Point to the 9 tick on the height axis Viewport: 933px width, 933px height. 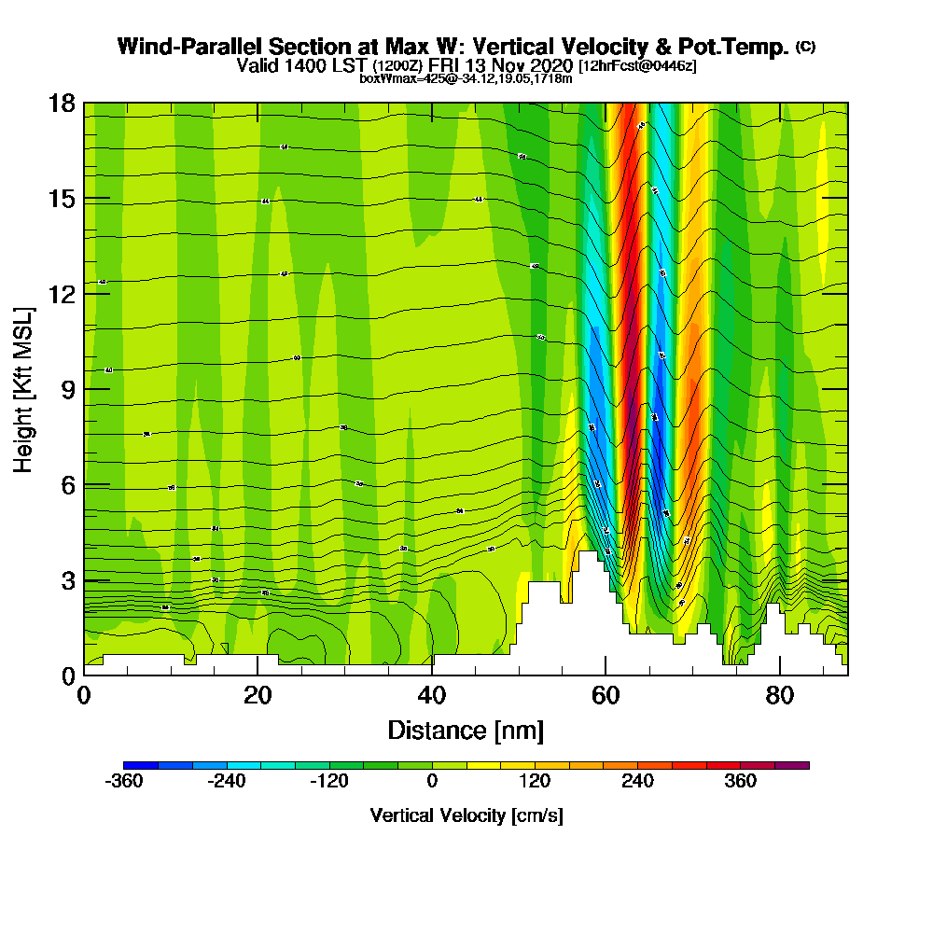tap(65, 389)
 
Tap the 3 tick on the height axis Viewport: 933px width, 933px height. tap(65, 580)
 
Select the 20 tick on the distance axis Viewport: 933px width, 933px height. tap(258, 696)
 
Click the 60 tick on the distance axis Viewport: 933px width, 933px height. tap(606, 696)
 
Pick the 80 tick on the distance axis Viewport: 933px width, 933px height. tap(779, 696)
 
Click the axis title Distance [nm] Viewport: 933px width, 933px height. tap(466, 730)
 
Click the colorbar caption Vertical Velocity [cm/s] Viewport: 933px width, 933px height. tap(466, 815)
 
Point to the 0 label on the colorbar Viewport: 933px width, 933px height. tap(432, 782)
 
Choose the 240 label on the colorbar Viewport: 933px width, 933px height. tap(638, 782)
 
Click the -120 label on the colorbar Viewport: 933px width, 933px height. tap(329, 782)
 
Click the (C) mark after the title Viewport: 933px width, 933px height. tap(805, 47)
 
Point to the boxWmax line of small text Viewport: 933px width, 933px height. tap(466, 78)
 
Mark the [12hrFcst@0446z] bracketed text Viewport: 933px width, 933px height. tap(637, 66)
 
